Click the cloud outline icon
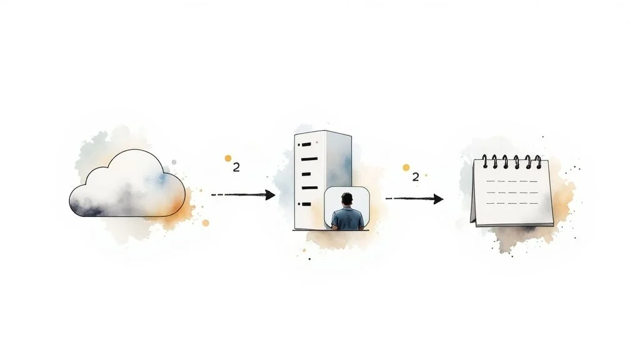tap(127, 184)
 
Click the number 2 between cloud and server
tap(236, 167)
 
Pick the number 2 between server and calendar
tap(416, 177)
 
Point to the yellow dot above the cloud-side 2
tap(228, 159)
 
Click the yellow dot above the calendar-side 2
tap(406, 167)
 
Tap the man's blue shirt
tap(347, 219)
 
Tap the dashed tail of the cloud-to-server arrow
tap(231, 195)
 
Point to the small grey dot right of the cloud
tap(174, 162)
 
